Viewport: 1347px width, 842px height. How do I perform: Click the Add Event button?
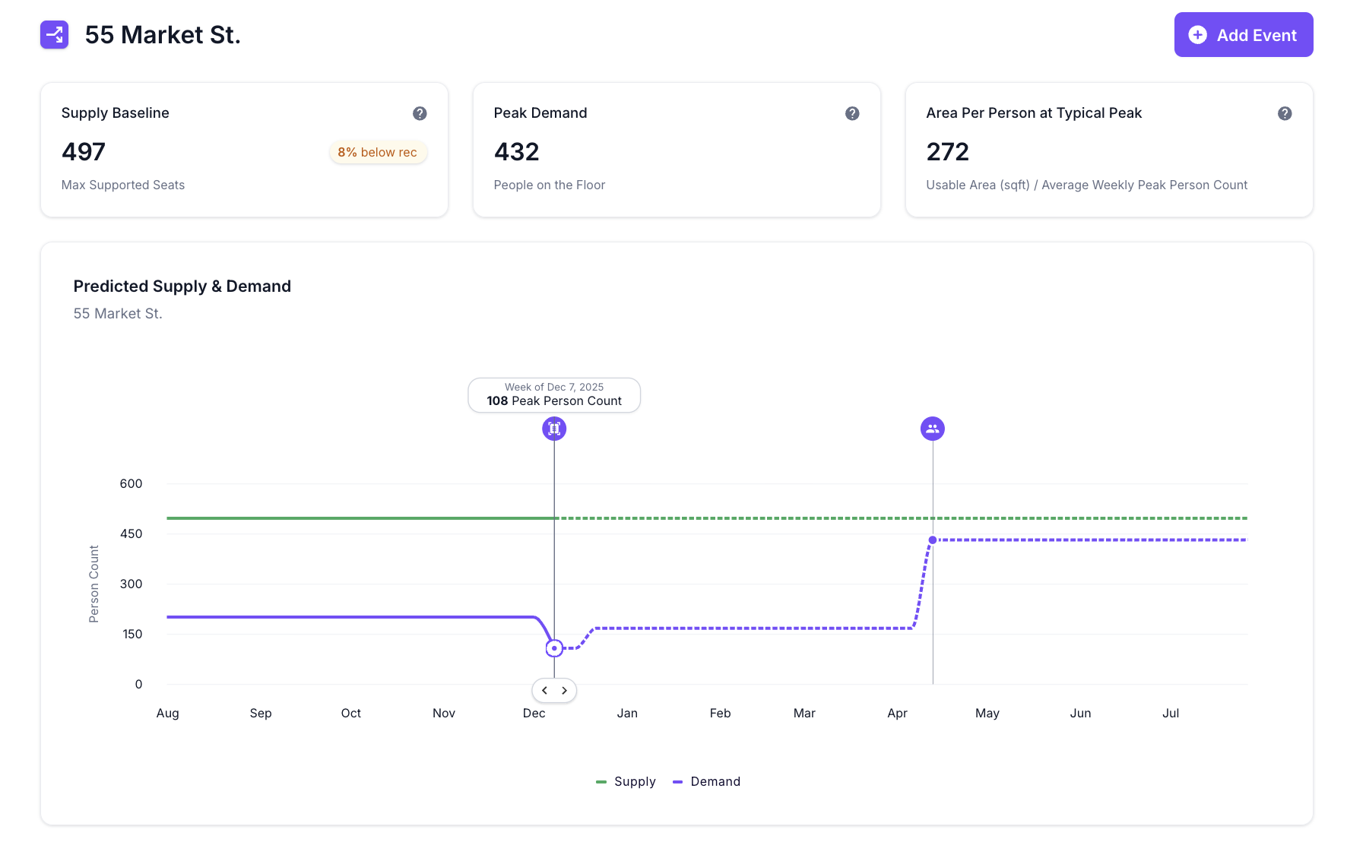tap(1243, 35)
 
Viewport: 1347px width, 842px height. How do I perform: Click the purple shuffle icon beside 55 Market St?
tap(55, 35)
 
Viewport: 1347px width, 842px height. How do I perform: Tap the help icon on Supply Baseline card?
tap(420, 113)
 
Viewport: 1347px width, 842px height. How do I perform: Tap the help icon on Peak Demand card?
tap(852, 113)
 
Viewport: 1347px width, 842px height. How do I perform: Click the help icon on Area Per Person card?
tap(1285, 113)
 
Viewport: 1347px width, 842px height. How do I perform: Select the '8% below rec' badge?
tap(378, 152)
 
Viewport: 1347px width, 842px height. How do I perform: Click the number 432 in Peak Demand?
tap(516, 152)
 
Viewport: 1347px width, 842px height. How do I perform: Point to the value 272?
tap(947, 152)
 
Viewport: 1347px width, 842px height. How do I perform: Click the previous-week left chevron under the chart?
tap(544, 691)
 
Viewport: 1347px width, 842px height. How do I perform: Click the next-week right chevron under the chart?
tap(564, 691)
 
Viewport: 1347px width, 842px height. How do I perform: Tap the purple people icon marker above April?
tap(933, 429)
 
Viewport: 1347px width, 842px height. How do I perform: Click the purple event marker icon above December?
tap(554, 429)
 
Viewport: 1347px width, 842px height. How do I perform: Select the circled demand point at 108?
tap(554, 648)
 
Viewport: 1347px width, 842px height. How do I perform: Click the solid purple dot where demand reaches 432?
tap(933, 540)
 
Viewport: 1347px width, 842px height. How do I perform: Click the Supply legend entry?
tap(626, 781)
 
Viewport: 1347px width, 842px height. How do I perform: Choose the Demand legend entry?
tap(707, 781)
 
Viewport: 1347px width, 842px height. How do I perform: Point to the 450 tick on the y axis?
tap(131, 533)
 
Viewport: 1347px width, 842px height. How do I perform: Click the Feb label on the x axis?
tap(720, 713)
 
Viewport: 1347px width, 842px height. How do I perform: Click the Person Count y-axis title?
tap(94, 584)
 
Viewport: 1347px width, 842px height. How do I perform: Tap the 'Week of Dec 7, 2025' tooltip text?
tap(554, 387)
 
